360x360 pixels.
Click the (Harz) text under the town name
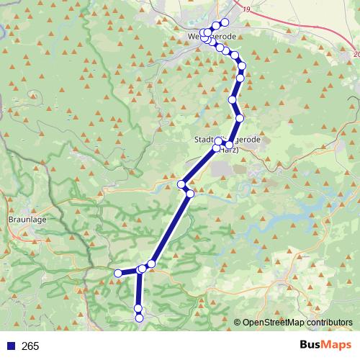[x=228, y=150]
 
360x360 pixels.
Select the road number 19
[x=248, y=9]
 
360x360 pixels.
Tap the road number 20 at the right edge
[x=356, y=54]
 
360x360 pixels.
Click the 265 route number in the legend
[x=30, y=346]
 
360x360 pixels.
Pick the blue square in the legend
[x=11, y=346]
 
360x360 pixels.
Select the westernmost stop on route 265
[x=118, y=273]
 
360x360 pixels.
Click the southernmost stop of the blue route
[x=139, y=318]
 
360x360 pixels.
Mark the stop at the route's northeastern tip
[x=225, y=23]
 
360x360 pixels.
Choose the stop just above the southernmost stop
[x=138, y=310]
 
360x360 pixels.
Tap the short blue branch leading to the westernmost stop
[x=129, y=271]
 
